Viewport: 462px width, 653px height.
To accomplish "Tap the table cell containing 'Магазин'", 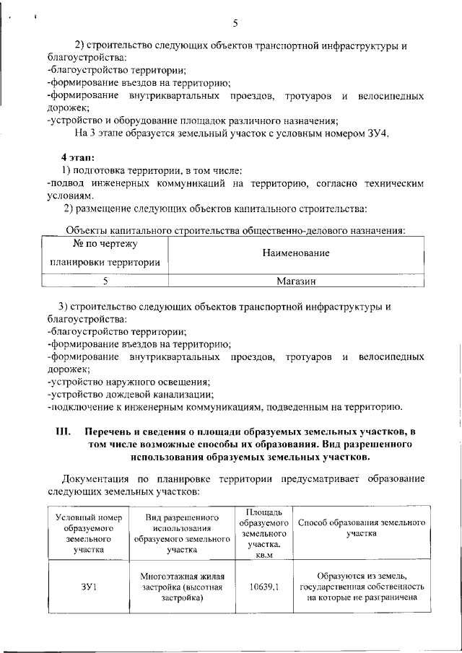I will (296, 281).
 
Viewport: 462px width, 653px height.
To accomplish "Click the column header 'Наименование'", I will (296, 254).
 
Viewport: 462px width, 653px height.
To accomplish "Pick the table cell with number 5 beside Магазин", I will (105, 281).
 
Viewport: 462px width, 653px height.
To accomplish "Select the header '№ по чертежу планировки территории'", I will (105, 254).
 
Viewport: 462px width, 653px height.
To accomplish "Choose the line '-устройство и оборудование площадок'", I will (191, 120).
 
